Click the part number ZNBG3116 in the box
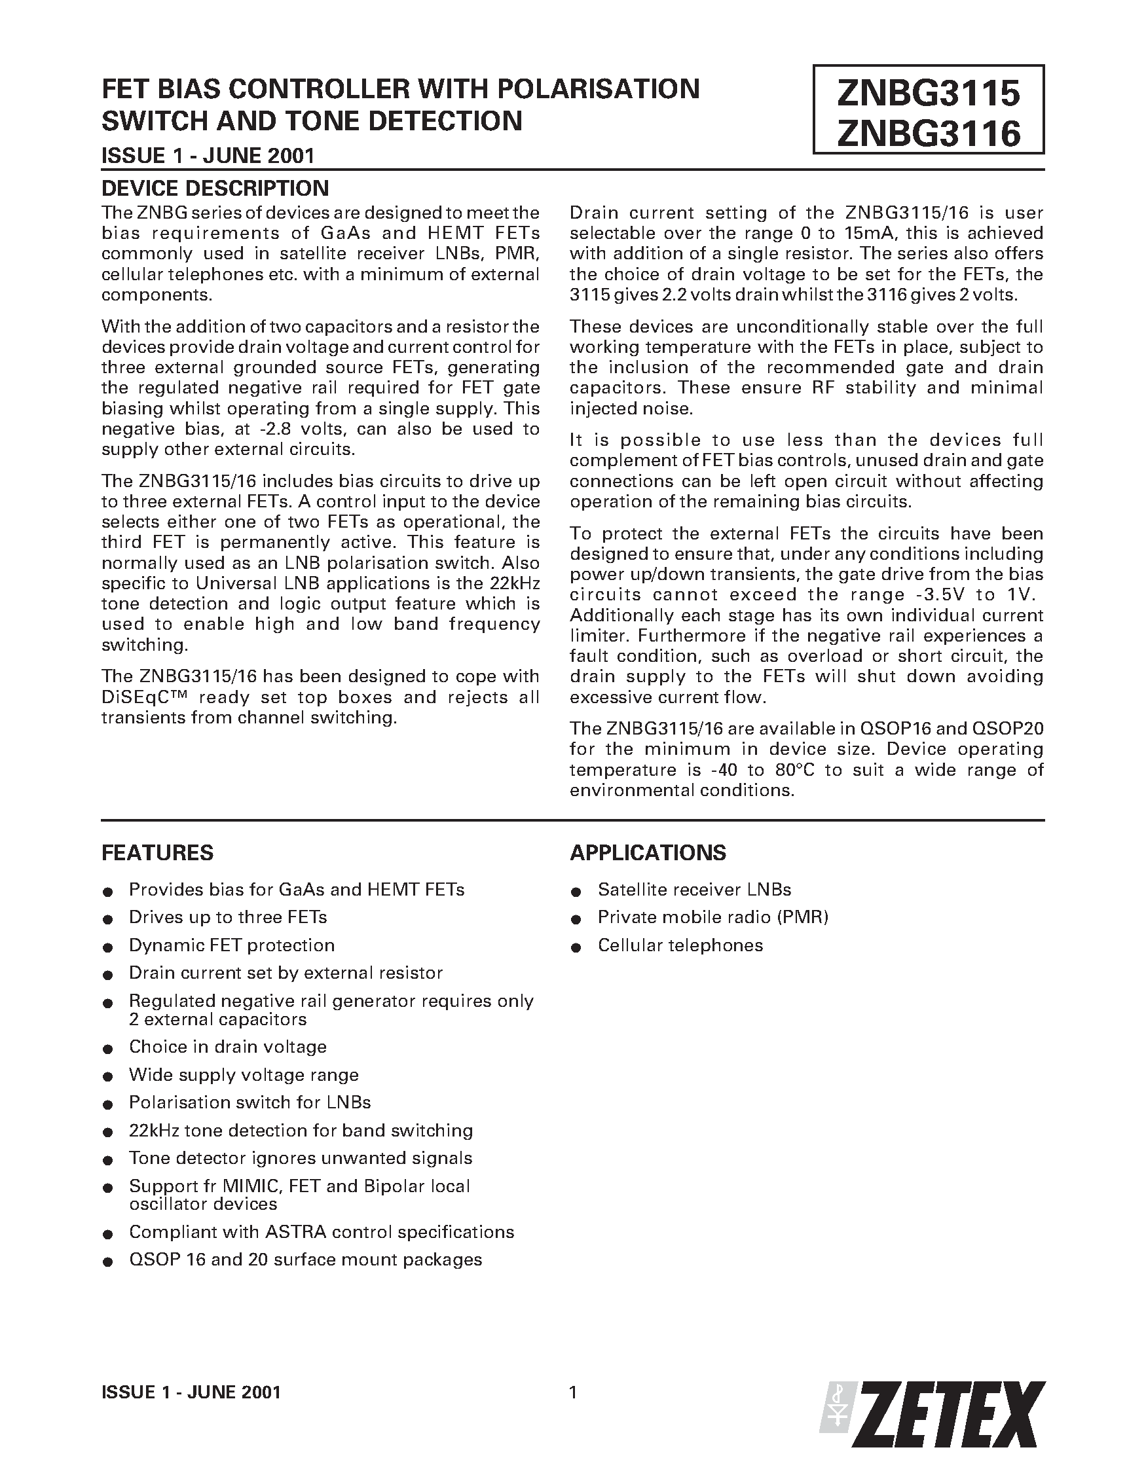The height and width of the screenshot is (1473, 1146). pyautogui.click(x=928, y=134)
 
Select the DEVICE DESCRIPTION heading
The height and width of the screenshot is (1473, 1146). pyautogui.click(x=215, y=187)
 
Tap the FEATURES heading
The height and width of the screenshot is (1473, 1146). pyautogui.click(x=157, y=852)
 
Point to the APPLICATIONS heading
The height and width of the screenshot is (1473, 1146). pyautogui.click(x=648, y=852)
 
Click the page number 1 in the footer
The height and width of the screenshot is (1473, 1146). pyautogui.click(x=572, y=1392)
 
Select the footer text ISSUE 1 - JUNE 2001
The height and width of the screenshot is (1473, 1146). pyautogui.click(x=191, y=1392)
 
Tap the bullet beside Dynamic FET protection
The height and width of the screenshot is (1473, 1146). pyautogui.click(x=107, y=947)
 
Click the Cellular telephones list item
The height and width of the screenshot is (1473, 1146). pyautogui.click(x=680, y=945)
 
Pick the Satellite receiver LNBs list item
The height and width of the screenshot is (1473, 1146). pyautogui.click(x=694, y=890)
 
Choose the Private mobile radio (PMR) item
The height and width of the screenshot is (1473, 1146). pyautogui.click(x=712, y=917)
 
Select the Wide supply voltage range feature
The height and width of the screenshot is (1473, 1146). pyautogui.click(x=244, y=1075)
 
